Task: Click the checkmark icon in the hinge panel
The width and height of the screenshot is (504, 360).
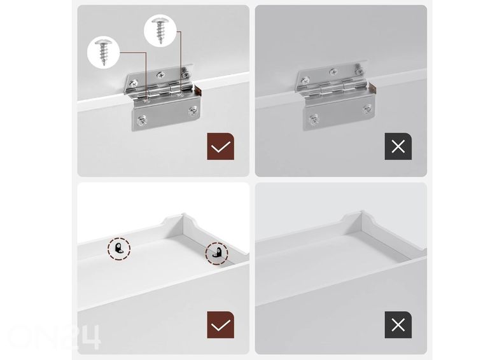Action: coord(220,146)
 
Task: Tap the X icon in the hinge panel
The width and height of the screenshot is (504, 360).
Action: coord(398,146)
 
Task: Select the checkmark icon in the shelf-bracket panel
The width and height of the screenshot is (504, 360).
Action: coord(220,324)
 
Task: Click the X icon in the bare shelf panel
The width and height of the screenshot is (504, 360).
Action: coord(398,324)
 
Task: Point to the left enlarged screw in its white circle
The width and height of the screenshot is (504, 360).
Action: coord(103,52)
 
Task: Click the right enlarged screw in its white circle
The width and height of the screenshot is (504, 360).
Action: coord(160,31)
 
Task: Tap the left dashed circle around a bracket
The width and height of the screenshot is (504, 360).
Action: coord(119,249)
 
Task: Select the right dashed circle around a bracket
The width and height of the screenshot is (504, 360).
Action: coord(216,253)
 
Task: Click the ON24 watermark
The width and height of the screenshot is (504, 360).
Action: coord(53,337)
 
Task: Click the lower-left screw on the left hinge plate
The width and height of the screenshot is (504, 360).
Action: coord(141,121)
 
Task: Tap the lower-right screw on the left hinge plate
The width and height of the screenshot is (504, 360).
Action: coord(193,111)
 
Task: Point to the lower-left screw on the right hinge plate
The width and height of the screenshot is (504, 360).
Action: coord(314,120)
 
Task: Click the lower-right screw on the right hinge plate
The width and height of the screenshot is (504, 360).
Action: coord(367,109)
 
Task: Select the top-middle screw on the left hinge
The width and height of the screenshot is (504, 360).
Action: coord(160,76)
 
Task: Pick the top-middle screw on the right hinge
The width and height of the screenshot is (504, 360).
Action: coord(333,72)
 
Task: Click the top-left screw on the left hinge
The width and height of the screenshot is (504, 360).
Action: coord(134,83)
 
